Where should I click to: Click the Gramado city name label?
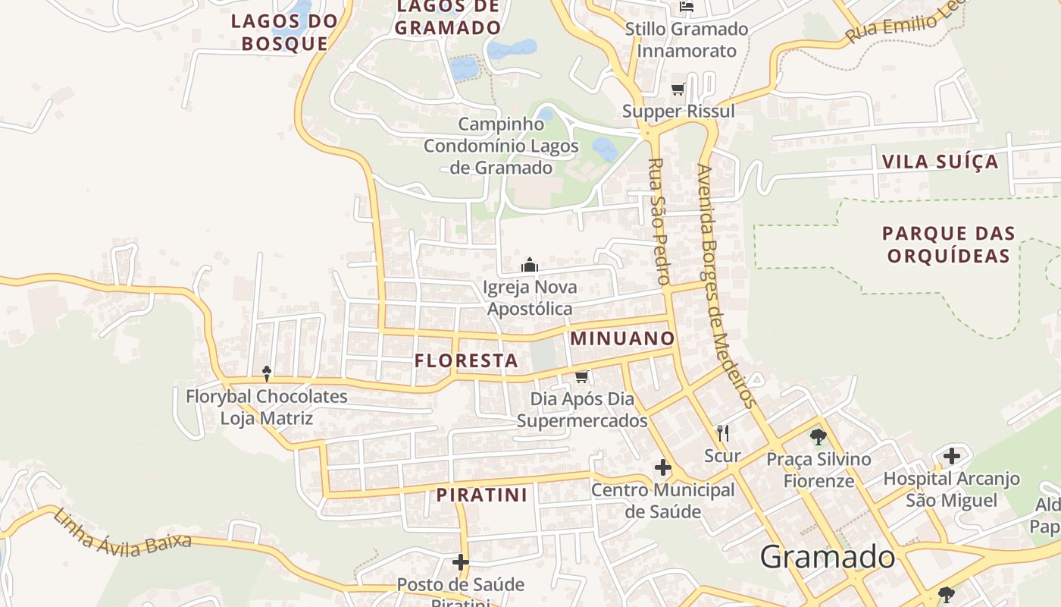click(x=828, y=557)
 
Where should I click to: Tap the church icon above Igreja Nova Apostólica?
click(x=530, y=265)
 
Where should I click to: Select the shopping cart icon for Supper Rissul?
click(x=678, y=90)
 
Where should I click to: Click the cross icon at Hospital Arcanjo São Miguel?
click(x=952, y=456)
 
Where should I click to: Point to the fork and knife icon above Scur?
click(x=723, y=433)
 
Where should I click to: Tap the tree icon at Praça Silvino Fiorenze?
click(x=818, y=436)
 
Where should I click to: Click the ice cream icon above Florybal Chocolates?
click(x=267, y=373)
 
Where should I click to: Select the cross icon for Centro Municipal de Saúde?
click(x=663, y=467)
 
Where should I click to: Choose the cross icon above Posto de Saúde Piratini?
click(x=460, y=562)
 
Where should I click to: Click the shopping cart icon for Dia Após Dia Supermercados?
click(x=582, y=376)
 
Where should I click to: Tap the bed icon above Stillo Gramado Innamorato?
click(x=687, y=7)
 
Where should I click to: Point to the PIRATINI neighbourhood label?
click(x=481, y=495)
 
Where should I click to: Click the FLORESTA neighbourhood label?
click(x=466, y=360)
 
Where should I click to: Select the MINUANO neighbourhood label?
click(x=622, y=338)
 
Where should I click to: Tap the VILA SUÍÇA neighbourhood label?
click(x=940, y=162)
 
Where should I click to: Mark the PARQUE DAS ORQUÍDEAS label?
click(x=949, y=244)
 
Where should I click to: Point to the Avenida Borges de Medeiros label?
click(x=727, y=286)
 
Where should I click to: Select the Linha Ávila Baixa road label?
click(x=122, y=534)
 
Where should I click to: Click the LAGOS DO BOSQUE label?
click(x=284, y=32)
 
